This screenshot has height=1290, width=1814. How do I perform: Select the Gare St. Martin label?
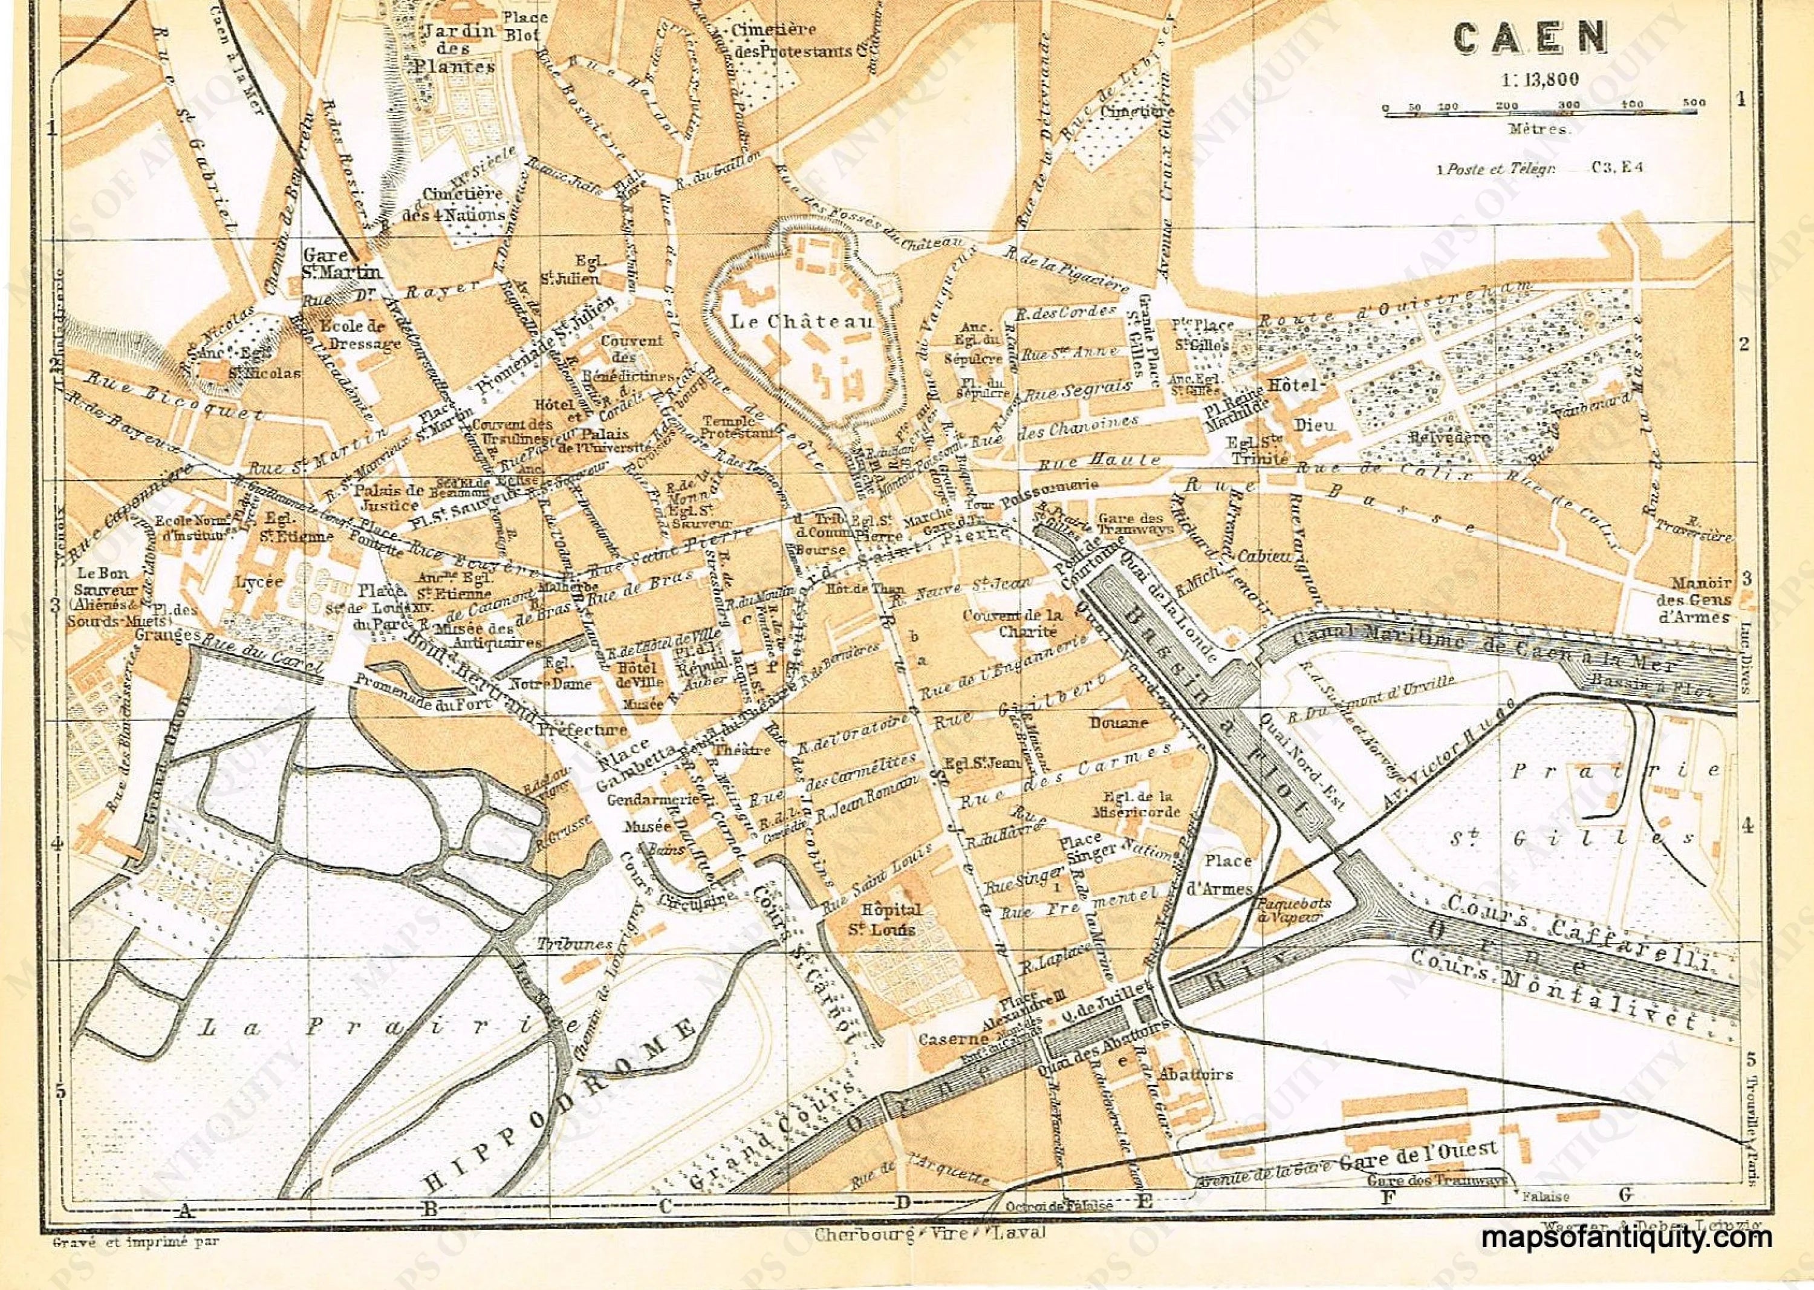coord(342,264)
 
